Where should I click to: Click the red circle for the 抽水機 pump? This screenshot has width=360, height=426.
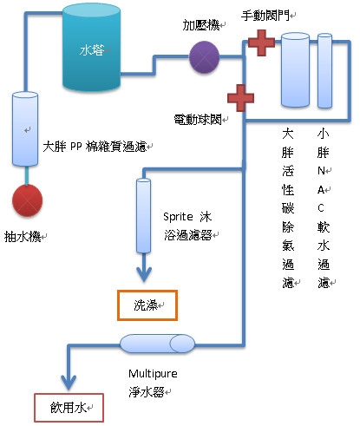point(27,200)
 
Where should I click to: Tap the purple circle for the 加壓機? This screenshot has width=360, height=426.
point(204,57)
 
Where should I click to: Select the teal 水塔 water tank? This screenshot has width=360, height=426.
point(91,48)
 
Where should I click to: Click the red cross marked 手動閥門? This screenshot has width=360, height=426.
point(261,43)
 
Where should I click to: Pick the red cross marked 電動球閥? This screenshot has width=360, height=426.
point(240,98)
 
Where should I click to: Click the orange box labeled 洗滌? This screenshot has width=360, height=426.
point(147,305)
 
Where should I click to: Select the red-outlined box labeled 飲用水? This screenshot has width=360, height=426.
point(69,408)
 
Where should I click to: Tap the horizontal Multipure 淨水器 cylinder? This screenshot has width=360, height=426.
point(158,344)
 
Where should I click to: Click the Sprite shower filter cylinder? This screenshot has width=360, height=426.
point(143,216)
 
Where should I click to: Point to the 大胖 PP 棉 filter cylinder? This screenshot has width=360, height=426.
point(25,128)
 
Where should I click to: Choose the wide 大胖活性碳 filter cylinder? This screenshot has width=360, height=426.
point(295,69)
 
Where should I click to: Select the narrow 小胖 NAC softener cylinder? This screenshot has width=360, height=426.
point(324,70)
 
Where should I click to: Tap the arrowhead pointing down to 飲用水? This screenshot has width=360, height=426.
point(69,382)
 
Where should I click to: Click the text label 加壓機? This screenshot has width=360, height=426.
point(201,25)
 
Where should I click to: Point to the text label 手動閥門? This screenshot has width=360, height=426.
point(265,15)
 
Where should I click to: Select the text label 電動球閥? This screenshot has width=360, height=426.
point(198,119)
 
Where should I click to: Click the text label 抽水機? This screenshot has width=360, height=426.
point(23,237)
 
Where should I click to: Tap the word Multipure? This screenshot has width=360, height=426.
point(153,374)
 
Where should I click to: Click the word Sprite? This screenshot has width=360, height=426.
point(178,217)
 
